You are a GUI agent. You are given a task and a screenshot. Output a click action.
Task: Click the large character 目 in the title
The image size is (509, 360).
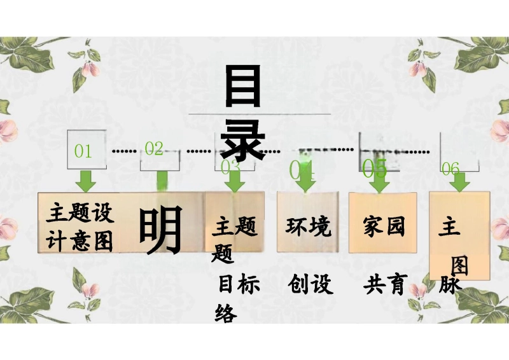[x=243, y=88]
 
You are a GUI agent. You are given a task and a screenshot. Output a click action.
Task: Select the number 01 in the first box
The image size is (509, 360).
[x=83, y=151]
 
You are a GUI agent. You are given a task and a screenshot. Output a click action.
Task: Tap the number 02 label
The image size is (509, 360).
[x=154, y=149]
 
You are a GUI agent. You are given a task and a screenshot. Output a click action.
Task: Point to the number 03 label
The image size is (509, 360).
[x=230, y=167]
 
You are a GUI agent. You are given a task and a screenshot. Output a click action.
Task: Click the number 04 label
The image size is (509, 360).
[x=302, y=170]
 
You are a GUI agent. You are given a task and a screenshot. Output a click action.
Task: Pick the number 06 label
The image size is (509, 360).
[x=450, y=169]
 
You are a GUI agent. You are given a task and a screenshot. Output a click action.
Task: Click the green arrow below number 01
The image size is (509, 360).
[x=85, y=181]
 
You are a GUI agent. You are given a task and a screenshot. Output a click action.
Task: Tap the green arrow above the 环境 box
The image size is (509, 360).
[x=305, y=181]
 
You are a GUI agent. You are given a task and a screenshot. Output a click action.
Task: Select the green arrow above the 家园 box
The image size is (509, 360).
[x=380, y=183]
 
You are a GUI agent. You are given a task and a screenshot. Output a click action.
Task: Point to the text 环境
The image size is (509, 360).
[x=309, y=226]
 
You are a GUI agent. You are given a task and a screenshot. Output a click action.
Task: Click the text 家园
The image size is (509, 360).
[x=384, y=226]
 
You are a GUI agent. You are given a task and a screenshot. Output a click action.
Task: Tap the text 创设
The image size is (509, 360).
[x=310, y=284]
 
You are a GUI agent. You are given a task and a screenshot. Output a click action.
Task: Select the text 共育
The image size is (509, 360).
[x=385, y=284]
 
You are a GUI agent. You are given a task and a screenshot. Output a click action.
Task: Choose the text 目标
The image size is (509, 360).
[x=239, y=285]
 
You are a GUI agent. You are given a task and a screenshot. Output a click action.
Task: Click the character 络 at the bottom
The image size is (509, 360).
[x=227, y=314]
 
